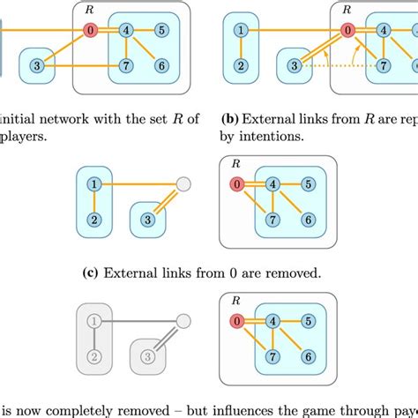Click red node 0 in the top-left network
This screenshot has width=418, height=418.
[x=89, y=30]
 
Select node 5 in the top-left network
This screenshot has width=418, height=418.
[x=161, y=30]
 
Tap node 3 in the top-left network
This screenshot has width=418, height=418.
[x=36, y=66]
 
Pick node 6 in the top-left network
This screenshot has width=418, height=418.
[x=161, y=66]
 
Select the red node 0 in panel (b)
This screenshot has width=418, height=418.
[x=348, y=30]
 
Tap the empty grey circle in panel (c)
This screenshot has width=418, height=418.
[x=183, y=184]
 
